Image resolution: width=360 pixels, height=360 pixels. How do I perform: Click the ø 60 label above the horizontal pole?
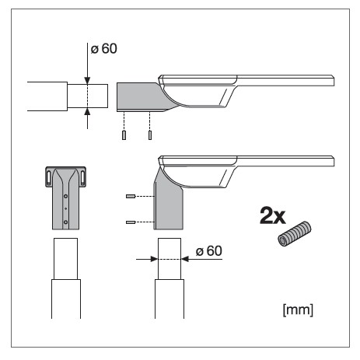coord(103,49)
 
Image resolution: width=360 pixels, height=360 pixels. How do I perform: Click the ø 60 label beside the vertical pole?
coord(209,251)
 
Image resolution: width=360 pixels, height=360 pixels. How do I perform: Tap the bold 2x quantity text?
coord(273,215)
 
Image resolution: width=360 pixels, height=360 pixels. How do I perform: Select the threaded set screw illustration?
coord(294,234)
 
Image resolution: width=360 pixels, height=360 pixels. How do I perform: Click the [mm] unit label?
coord(298,309)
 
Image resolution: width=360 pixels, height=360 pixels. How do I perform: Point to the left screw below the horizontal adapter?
coord(124,135)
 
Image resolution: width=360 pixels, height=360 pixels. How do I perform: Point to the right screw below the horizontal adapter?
coord(150,135)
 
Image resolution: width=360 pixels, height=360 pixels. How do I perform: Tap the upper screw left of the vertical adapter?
coord(131,197)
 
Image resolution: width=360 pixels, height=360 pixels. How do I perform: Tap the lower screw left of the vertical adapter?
coord(131,222)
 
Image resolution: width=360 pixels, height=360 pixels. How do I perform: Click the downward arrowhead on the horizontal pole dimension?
coord(87,81)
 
